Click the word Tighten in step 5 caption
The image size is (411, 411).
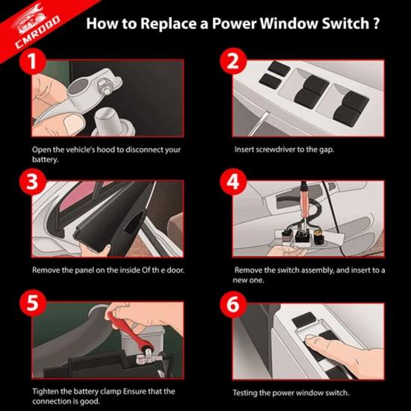[x=45, y=390]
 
